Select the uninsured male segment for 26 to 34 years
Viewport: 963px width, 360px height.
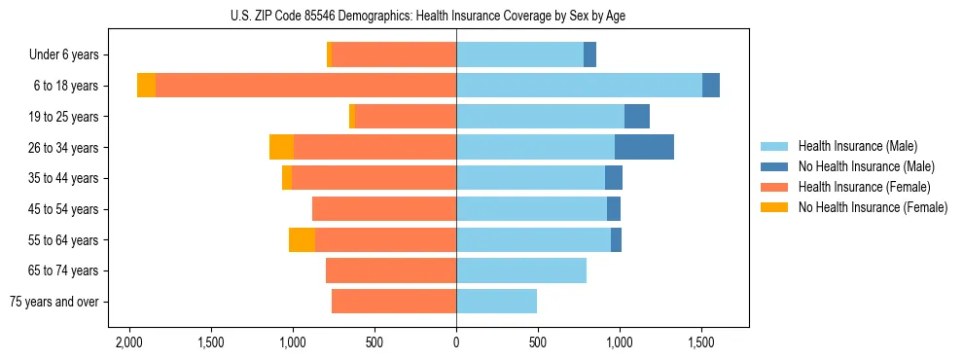click(644, 147)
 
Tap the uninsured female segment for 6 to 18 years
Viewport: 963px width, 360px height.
click(146, 86)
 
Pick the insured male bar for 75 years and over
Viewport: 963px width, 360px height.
click(496, 302)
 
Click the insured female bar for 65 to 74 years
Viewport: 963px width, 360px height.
click(391, 270)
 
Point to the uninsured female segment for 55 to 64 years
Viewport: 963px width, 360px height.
click(302, 239)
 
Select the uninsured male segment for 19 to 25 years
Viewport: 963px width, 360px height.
click(636, 117)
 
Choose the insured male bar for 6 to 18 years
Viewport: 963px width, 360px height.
click(579, 86)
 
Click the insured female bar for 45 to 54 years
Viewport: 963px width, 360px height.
click(384, 209)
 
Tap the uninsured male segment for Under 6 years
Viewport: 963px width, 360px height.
click(589, 54)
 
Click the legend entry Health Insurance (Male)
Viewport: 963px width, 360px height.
click(858, 146)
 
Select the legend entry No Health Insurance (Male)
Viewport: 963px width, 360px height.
click(866, 166)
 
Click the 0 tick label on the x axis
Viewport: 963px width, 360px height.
click(456, 342)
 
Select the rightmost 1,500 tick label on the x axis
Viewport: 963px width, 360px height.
click(701, 342)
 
